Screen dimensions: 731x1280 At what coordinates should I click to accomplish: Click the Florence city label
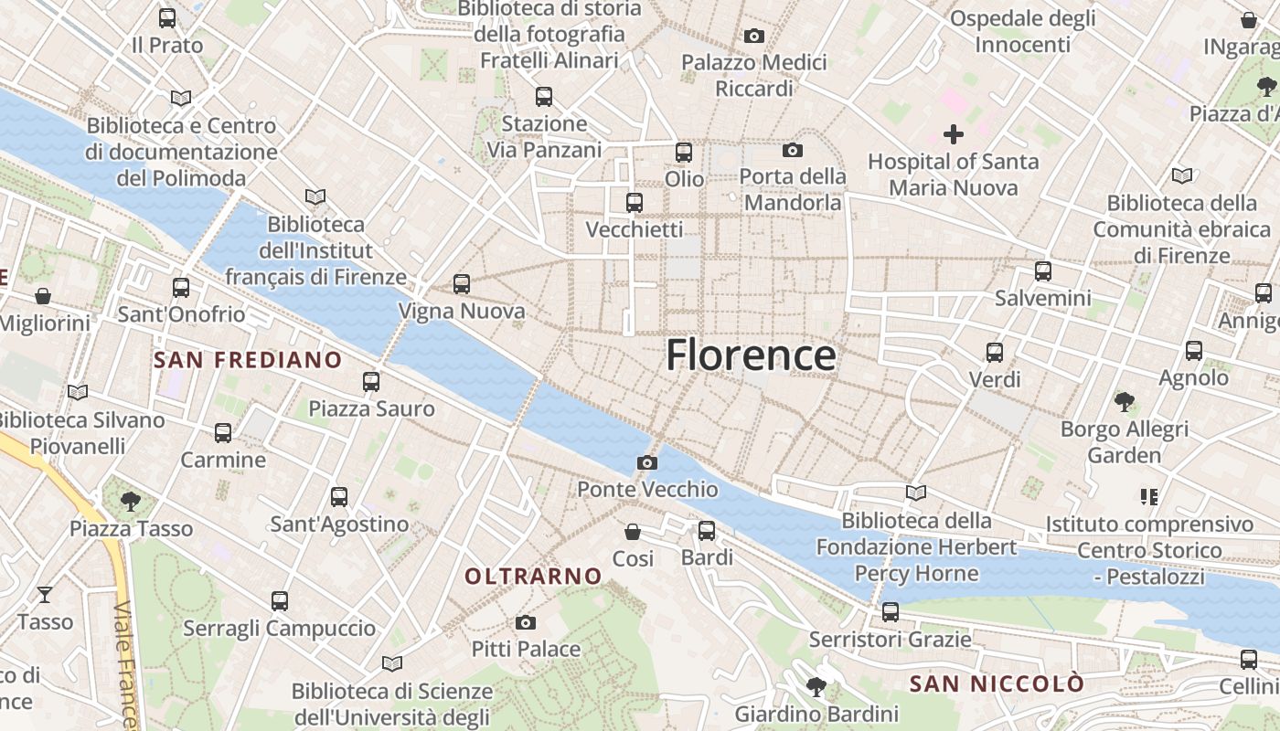pyautogui.click(x=751, y=355)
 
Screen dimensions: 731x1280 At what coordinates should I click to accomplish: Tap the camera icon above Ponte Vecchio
pyautogui.click(x=647, y=463)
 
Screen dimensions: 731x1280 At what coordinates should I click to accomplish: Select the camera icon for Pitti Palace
pyautogui.click(x=526, y=623)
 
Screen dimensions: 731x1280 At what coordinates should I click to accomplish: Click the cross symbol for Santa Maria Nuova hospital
pyautogui.click(x=954, y=135)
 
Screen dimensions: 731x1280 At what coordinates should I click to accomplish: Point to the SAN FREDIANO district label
pyautogui.click(x=248, y=360)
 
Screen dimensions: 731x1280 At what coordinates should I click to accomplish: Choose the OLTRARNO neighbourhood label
pyautogui.click(x=534, y=577)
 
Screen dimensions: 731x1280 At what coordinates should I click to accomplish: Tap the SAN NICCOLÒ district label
pyautogui.click(x=997, y=683)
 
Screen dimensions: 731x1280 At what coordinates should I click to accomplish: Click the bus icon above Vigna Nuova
pyautogui.click(x=462, y=284)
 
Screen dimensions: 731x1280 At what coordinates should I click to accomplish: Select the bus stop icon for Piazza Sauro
pyautogui.click(x=371, y=382)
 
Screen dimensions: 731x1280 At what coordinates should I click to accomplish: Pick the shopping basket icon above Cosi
pyautogui.click(x=633, y=532)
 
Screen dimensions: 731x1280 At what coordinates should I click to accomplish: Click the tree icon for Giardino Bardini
pyautogui.click(x=816, y=687)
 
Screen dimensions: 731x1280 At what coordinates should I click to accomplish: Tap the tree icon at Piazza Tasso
pyautogui.click(x=131, y=501)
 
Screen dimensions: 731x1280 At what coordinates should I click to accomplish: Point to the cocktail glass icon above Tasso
pyautogui.click(x=45, y=596)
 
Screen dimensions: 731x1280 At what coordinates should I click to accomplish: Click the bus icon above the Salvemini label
pyautogui.click(x=1043, y=271)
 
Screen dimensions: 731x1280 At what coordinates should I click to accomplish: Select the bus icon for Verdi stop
pyautogui.click(x=995, y=352)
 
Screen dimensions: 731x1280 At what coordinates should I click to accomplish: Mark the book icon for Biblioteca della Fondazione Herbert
pyautogui.click(x=916, y=493)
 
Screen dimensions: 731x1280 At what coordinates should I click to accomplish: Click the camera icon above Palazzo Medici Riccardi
pyautogui.click(x=754, y=36)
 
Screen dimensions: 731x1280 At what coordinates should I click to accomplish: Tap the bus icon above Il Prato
pyautogui.click(x=167, y=17)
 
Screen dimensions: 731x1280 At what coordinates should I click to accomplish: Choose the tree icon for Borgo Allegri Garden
pyautogui.click(x=1125, y=401)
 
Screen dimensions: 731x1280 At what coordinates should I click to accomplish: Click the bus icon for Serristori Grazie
pyautogui.click(x=891, y=612)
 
